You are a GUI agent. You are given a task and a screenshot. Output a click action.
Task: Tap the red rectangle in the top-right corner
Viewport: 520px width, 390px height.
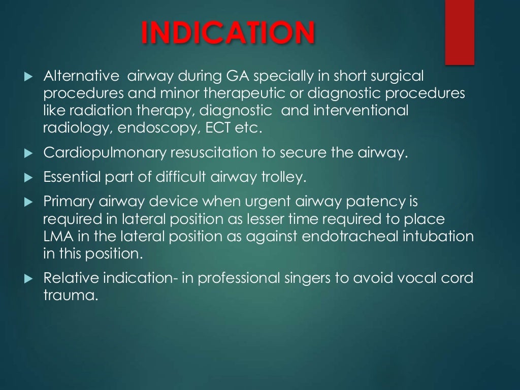coord(460,32)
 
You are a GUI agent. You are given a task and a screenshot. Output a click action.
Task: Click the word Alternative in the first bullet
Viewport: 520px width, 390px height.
coord(81,76)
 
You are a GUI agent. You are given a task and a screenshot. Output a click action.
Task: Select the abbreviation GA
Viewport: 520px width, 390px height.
coord(238,76)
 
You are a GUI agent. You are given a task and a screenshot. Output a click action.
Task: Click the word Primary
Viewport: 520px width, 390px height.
coord(69,202)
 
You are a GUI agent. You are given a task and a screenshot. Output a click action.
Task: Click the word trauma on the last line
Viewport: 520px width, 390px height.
coord(70,296)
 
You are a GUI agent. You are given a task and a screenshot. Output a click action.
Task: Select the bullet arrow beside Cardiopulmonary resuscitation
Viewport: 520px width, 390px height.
coord(28,153)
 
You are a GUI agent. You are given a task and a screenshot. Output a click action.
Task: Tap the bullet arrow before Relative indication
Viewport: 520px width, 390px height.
coord(28,278)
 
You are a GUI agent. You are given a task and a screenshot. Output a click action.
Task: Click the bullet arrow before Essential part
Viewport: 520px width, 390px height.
coord(28,177)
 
